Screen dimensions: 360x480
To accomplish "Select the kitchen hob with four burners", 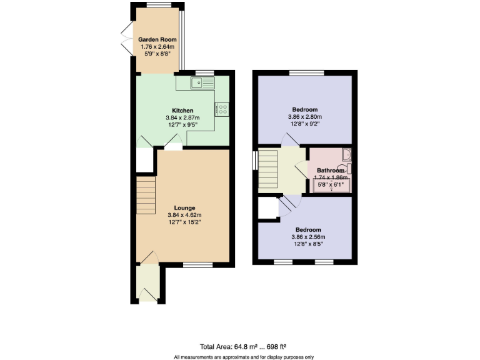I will pos(222,109).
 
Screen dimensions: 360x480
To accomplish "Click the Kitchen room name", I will pos(183,111).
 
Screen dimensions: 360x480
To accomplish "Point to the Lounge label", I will pos(185,208).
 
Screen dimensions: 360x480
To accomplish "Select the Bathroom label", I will pos(331,171).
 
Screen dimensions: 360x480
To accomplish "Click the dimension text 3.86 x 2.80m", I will pos(304,117).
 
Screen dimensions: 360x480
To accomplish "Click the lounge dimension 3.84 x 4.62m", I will pos(185,215).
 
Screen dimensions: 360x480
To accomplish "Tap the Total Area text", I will pos(243,346).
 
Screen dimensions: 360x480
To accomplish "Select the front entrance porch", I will pos(148,283).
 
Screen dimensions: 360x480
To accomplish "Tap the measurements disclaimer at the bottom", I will pos(243,356).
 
